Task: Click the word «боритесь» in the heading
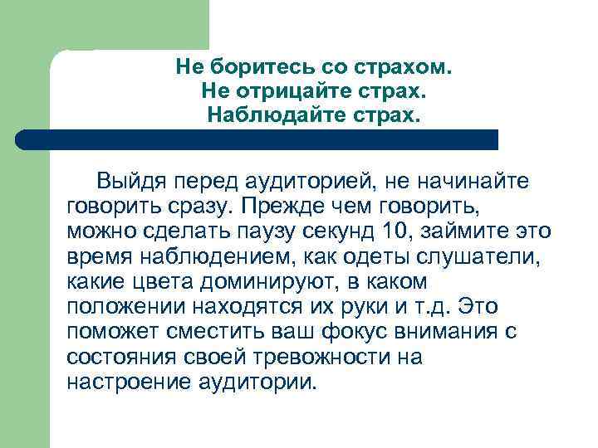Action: pyautogui.click(x=250, y=66)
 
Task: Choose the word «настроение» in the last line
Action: pyautogui.click(x=130, y=382)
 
